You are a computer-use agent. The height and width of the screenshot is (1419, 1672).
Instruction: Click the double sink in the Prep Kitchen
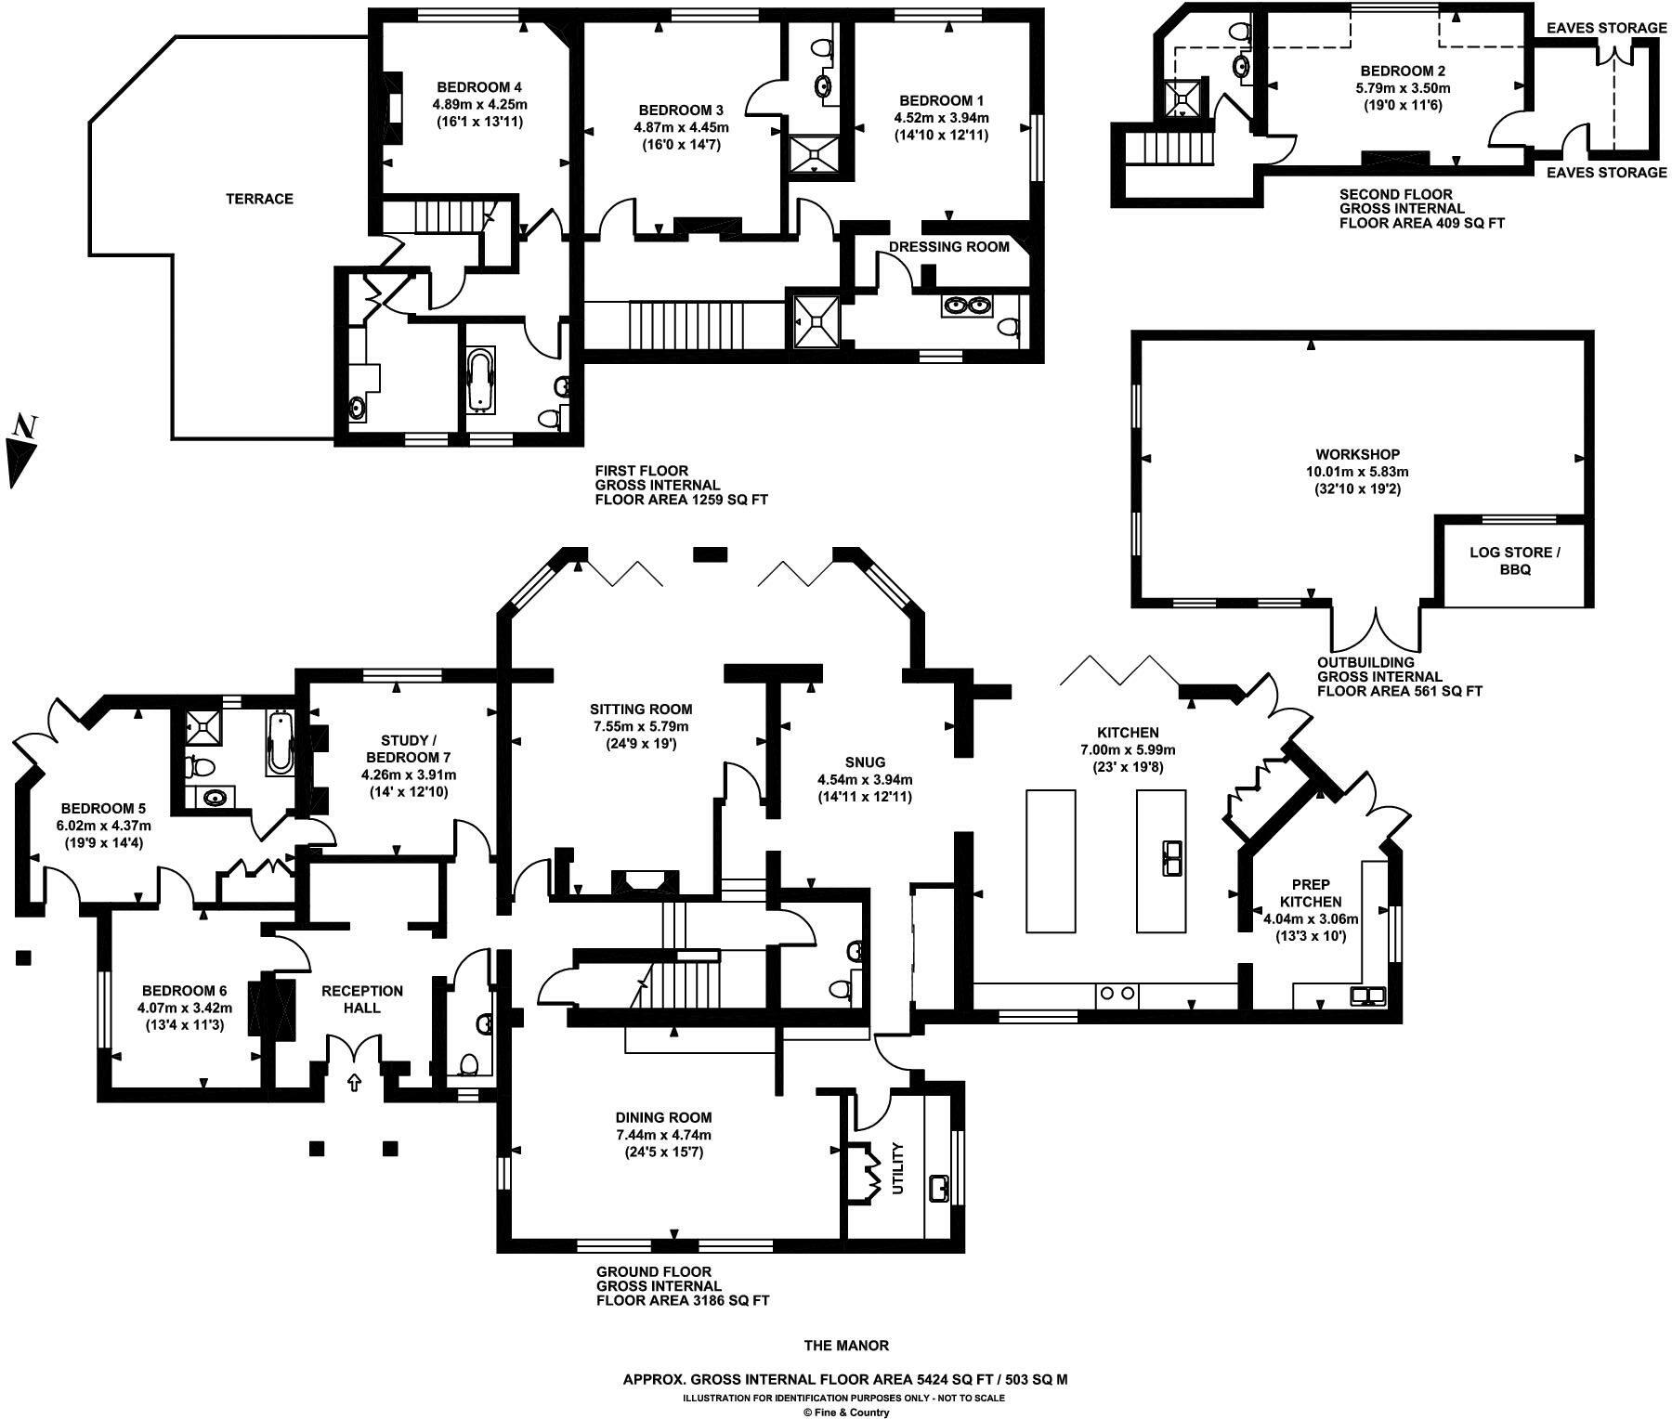click(1366, 996)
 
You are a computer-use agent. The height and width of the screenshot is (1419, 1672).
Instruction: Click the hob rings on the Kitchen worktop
click(1116, 993)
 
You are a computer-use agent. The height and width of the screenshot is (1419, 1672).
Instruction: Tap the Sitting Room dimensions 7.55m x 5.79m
click(642, 726)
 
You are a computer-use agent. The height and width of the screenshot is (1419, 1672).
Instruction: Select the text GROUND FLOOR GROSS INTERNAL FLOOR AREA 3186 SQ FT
click(682, 1285)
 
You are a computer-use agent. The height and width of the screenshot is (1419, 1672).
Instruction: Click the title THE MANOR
click(845, 1345)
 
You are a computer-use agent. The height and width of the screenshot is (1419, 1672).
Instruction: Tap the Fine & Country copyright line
click(845, 1412)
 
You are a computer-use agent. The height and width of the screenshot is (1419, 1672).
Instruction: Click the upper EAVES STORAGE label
click(1606, 28)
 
